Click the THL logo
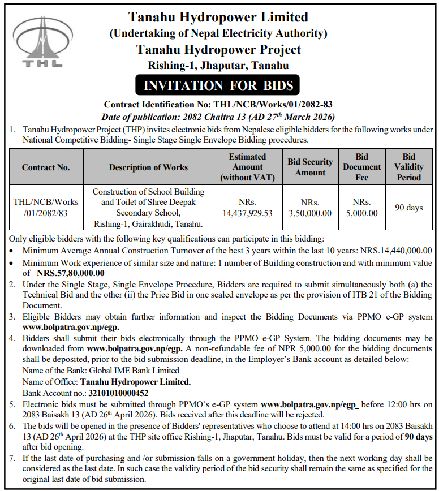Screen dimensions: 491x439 (x=39, y=44)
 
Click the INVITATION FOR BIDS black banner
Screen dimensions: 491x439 (x=218, y=86)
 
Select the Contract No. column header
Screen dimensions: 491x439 (x=46, y=167)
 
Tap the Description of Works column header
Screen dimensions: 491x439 (x=148, y=167)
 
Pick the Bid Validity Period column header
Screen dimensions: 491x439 (x=408, y=167)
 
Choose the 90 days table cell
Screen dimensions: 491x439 (x=408, y=208)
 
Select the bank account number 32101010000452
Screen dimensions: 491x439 (x=126, y=393)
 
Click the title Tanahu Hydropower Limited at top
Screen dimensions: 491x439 (x=218, y=17)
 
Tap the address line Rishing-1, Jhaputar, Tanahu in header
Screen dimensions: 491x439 (x=218, y=66)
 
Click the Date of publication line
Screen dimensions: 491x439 (x=218, y=116)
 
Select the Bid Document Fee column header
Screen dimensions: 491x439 (x=361, y=167)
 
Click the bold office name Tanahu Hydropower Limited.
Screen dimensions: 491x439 (x=135, y=382)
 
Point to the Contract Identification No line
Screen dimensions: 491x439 (x=218, y=105)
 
